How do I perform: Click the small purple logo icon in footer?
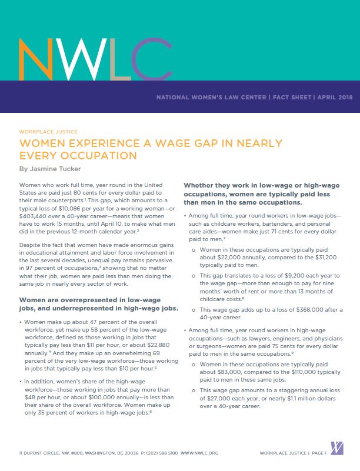pyautogui.click(x=337, y=448)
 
